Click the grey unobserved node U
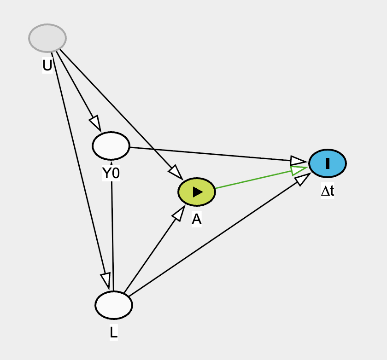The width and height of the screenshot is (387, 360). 47,38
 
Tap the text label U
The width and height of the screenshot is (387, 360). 47,66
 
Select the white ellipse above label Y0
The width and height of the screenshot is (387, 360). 111,145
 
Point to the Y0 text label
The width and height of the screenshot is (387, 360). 111,173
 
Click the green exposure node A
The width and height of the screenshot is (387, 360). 197,192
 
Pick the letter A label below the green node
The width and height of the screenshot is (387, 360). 197,220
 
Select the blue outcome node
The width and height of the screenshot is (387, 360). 327,163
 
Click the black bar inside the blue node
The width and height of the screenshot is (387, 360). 327,163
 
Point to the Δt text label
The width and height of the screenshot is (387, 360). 328,191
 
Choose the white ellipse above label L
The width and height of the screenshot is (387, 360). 114,305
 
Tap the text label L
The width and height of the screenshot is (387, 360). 113,332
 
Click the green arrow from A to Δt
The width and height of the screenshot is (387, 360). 253,180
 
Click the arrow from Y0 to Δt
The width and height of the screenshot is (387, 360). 212,154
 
